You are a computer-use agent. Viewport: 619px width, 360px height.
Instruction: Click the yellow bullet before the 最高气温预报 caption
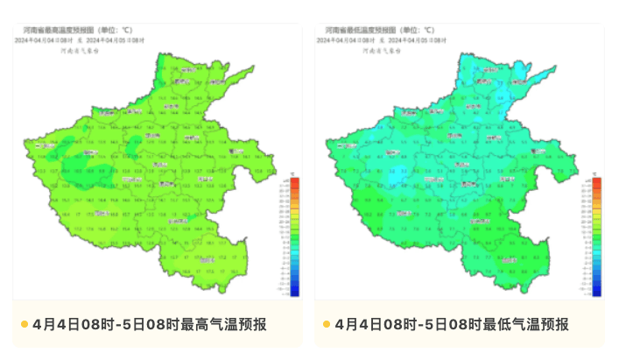[x=24, y=325]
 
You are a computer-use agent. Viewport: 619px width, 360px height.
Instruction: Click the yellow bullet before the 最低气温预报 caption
[x=326, y=325]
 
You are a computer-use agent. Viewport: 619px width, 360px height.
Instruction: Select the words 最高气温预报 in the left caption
[x=223, y=325]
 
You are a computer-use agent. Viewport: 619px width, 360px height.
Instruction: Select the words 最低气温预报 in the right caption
[x=525, y=325]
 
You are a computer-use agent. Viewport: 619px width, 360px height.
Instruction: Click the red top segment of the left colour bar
[x=294, y=183]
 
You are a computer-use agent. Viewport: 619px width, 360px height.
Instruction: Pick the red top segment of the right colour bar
[x=596, y=183]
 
